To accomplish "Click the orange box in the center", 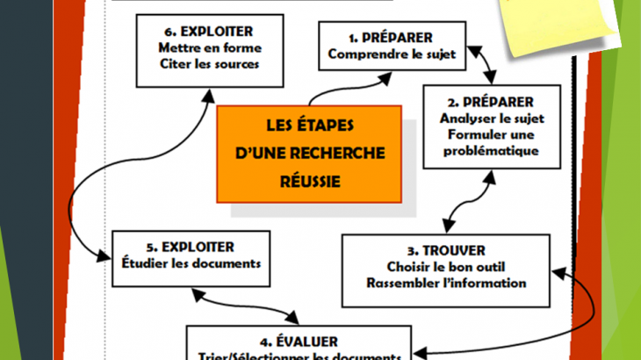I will click(309, 155).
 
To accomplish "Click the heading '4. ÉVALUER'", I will click(299, 342).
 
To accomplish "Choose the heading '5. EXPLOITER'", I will click(190, 248).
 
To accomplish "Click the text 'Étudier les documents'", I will click(190, 263).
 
